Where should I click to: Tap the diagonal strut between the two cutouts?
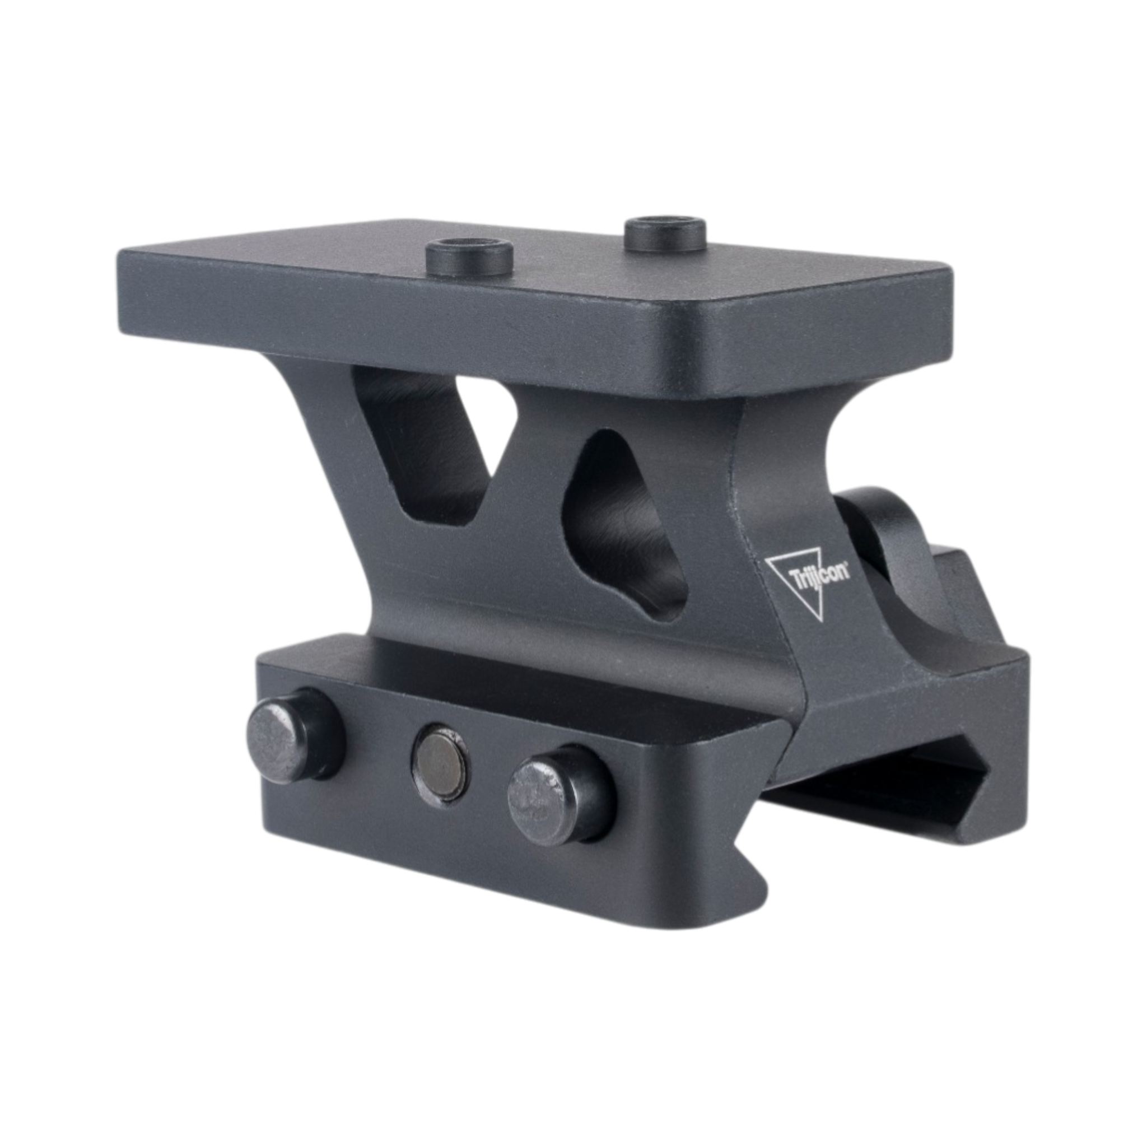[534, 451]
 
